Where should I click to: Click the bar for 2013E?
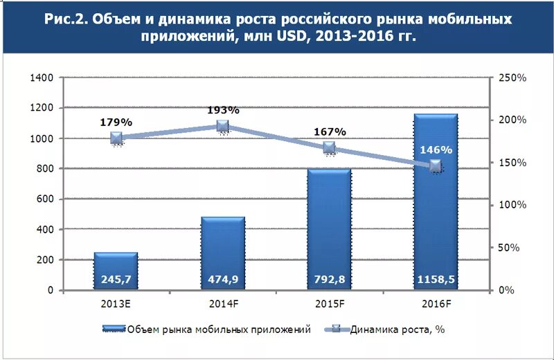coord(116,271)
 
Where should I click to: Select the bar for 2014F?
coord(223,253)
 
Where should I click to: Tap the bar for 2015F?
coord(330,229)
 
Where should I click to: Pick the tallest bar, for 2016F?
coord(436,208)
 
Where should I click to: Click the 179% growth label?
coord(116,122)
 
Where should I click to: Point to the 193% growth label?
coord(223,110)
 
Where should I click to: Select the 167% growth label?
coord(330,132)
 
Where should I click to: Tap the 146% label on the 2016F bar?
coord(436,150)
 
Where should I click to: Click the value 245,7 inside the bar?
coord(116,280)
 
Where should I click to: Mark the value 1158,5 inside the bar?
coord(436,280)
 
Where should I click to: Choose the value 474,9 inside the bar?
coord(223,280)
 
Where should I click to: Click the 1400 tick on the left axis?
coord(42,78)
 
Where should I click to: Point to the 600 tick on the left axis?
coord(45,199)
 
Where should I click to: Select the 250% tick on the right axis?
coord(513,78)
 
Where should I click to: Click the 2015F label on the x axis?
coord(330,303)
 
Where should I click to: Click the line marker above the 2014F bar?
coord(223,126)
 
